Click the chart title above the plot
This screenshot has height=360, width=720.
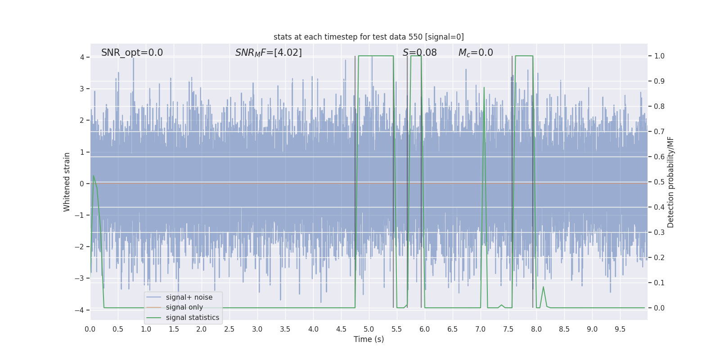(369, 37)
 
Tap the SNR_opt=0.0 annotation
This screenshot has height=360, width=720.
(132, 53)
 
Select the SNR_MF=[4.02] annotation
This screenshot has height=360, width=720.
(268, 53)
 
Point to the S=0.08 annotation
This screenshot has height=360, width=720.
(419, 53)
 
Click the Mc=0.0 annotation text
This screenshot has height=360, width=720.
(475, 53)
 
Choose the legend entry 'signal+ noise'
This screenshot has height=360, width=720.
(189, 297)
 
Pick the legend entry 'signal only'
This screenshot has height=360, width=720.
(184, 307)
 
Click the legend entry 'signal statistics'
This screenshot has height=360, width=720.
(192, 318)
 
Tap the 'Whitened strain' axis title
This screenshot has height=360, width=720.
(67, 182)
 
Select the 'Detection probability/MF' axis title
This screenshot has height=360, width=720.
(670, 182)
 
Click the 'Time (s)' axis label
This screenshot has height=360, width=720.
(369, 339)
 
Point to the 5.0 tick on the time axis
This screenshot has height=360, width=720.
(369, 329)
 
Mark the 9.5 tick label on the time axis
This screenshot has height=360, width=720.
(620, 329)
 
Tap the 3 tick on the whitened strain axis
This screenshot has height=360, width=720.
(82, 89)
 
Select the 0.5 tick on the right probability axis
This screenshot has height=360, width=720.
(659, 182)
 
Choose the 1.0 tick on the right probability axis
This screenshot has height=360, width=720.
(659, 56)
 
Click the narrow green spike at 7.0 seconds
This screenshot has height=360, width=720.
(484, 90)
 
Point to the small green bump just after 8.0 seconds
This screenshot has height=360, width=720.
(543, 288)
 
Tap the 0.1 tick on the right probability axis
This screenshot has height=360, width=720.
(659, 283)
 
